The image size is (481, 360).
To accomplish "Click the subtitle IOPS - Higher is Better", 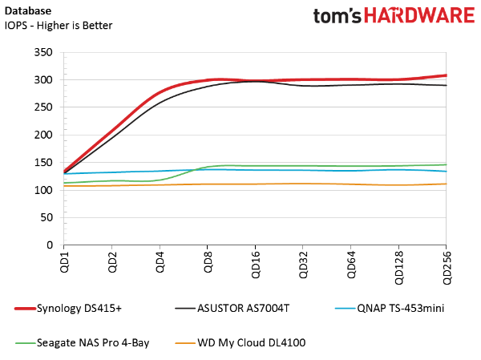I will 58,25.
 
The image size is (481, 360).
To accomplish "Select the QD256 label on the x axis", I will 447,268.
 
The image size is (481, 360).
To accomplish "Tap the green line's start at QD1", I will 64,183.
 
